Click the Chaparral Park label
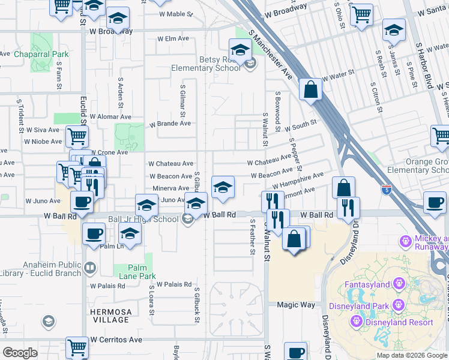point(41,54)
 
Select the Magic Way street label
point(296,305)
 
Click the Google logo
point(20,353)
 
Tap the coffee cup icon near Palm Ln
point(94,234)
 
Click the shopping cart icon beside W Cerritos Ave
point(77,347)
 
